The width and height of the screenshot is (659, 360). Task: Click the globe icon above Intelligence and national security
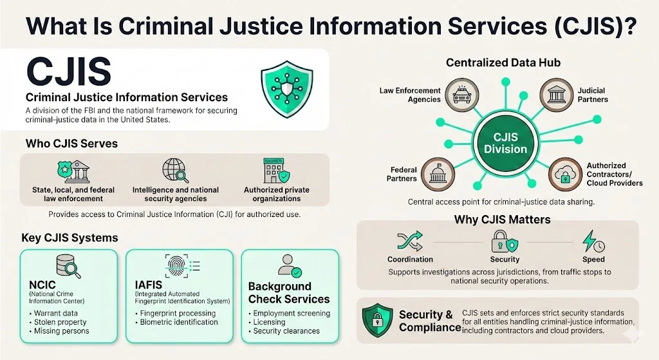tap(174, 171)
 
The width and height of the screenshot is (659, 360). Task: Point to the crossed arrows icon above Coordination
tap(409, 242)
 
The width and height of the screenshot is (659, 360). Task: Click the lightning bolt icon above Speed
tap(592, 242)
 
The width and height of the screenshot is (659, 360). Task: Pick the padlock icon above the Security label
tap(502, 242)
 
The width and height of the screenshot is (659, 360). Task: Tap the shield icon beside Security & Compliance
tap(377, 320)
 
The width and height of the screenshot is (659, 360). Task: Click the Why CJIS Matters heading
tap(502, 220)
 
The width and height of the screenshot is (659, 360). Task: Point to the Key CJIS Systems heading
tap(70, 238)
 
